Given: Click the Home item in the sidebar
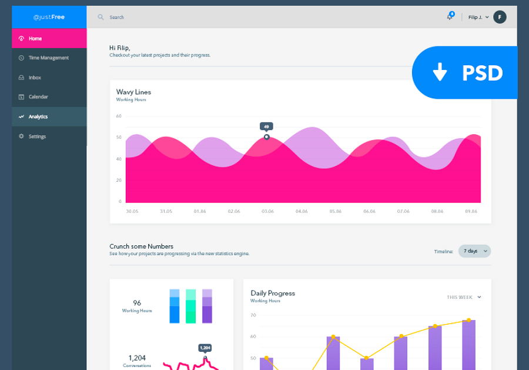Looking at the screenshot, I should pyautogui.click(x=35, y=38).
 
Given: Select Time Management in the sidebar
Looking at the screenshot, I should pyautogui.click(x=48, y=58).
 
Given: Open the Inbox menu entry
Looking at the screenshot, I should pyautogui.click(x=35, y=78).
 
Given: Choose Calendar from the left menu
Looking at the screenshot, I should pyautogui.click(x=38, y=97).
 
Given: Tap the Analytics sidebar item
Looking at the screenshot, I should pyautogui.click(x=38, y=116).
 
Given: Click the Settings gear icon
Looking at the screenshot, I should pyautogui.click(x=21, y=136).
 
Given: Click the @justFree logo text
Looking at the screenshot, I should pyautogui.click(x=49, y=17).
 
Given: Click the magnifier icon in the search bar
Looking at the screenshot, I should pyautogui.click(x=101, y=17).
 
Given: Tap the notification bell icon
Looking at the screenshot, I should pyautogui.click(x=450, y=17).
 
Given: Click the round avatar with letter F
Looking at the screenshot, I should pyautogui.click(x=500, y=17).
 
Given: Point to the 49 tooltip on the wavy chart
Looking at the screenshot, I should pyautogui.click(x=266, y=126).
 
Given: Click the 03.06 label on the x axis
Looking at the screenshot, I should pyautogui.click(x=267, y=211).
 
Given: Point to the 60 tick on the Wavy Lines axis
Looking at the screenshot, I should pyautogui.click(x=119, y=116).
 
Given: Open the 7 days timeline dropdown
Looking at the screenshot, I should pyautogui.click(x=474, y=251).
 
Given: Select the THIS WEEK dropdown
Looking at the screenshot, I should pyautogui.click(x=464, y=297).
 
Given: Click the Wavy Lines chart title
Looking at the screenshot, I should pyautogui.click(x=133, y=92).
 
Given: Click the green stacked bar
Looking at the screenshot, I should pyautogui.click(x=190, y=306).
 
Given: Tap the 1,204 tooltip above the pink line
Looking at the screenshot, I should pyautogui.click(x=205, y=348).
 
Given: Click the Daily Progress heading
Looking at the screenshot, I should pyautogui.click(x=273, y=293).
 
